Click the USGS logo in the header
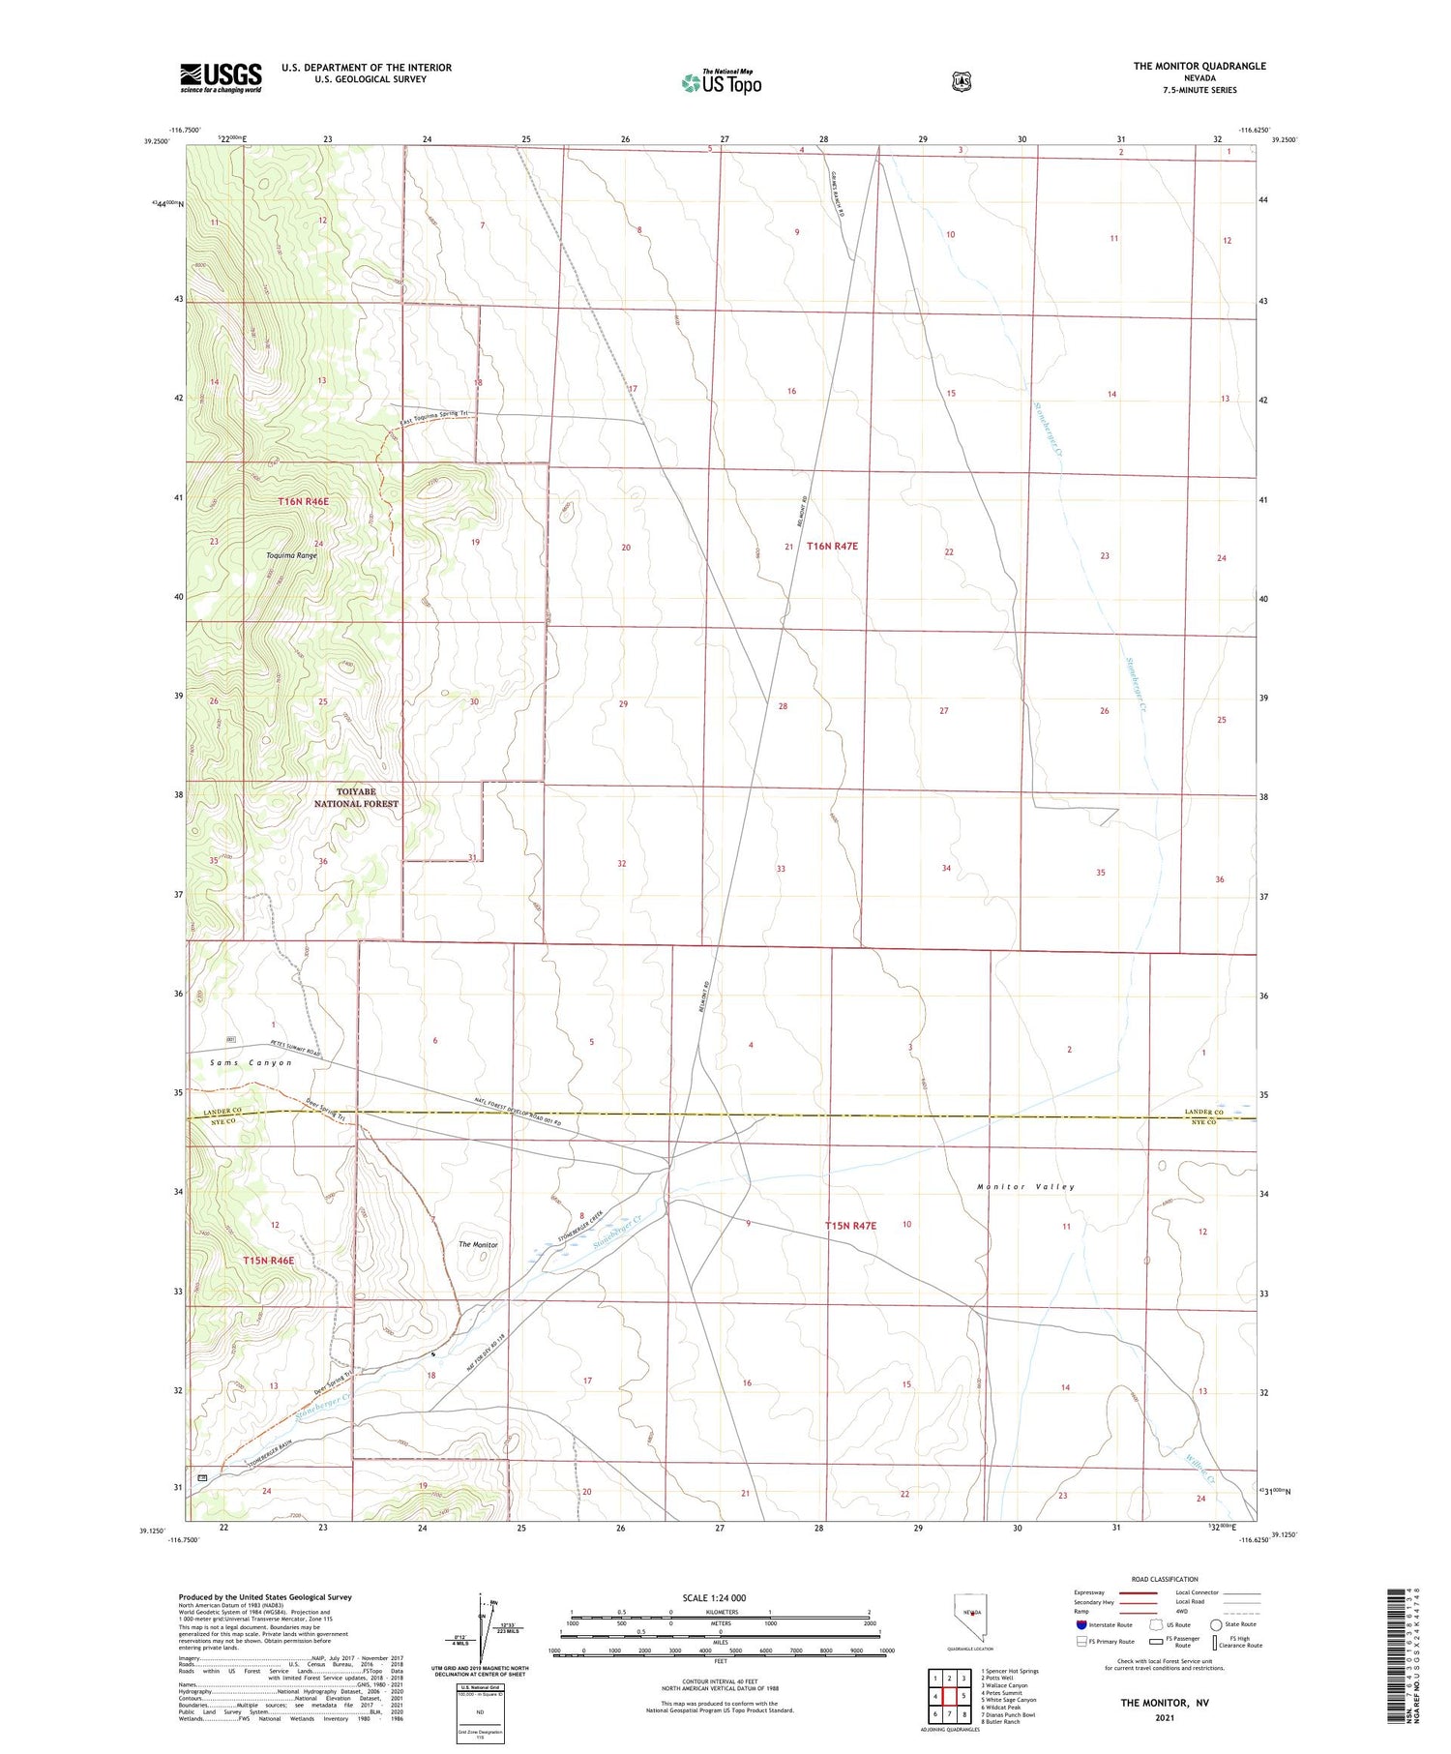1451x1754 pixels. pos(221,77)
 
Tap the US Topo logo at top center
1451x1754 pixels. pos(722,82)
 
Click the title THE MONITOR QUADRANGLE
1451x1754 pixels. pos(1199,66)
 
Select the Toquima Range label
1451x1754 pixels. pos(291,555)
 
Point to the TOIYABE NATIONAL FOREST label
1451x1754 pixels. pos(356,797)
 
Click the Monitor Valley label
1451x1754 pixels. pos(1025,1186)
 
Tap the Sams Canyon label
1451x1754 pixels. pos(251,1062)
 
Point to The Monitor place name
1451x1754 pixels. pos(478,1244)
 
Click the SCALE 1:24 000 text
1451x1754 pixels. pos(713,1597)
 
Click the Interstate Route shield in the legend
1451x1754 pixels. pos(1081,1624)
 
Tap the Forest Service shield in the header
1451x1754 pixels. pos(961,82)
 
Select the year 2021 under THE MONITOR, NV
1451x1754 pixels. pos(1164,1717)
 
